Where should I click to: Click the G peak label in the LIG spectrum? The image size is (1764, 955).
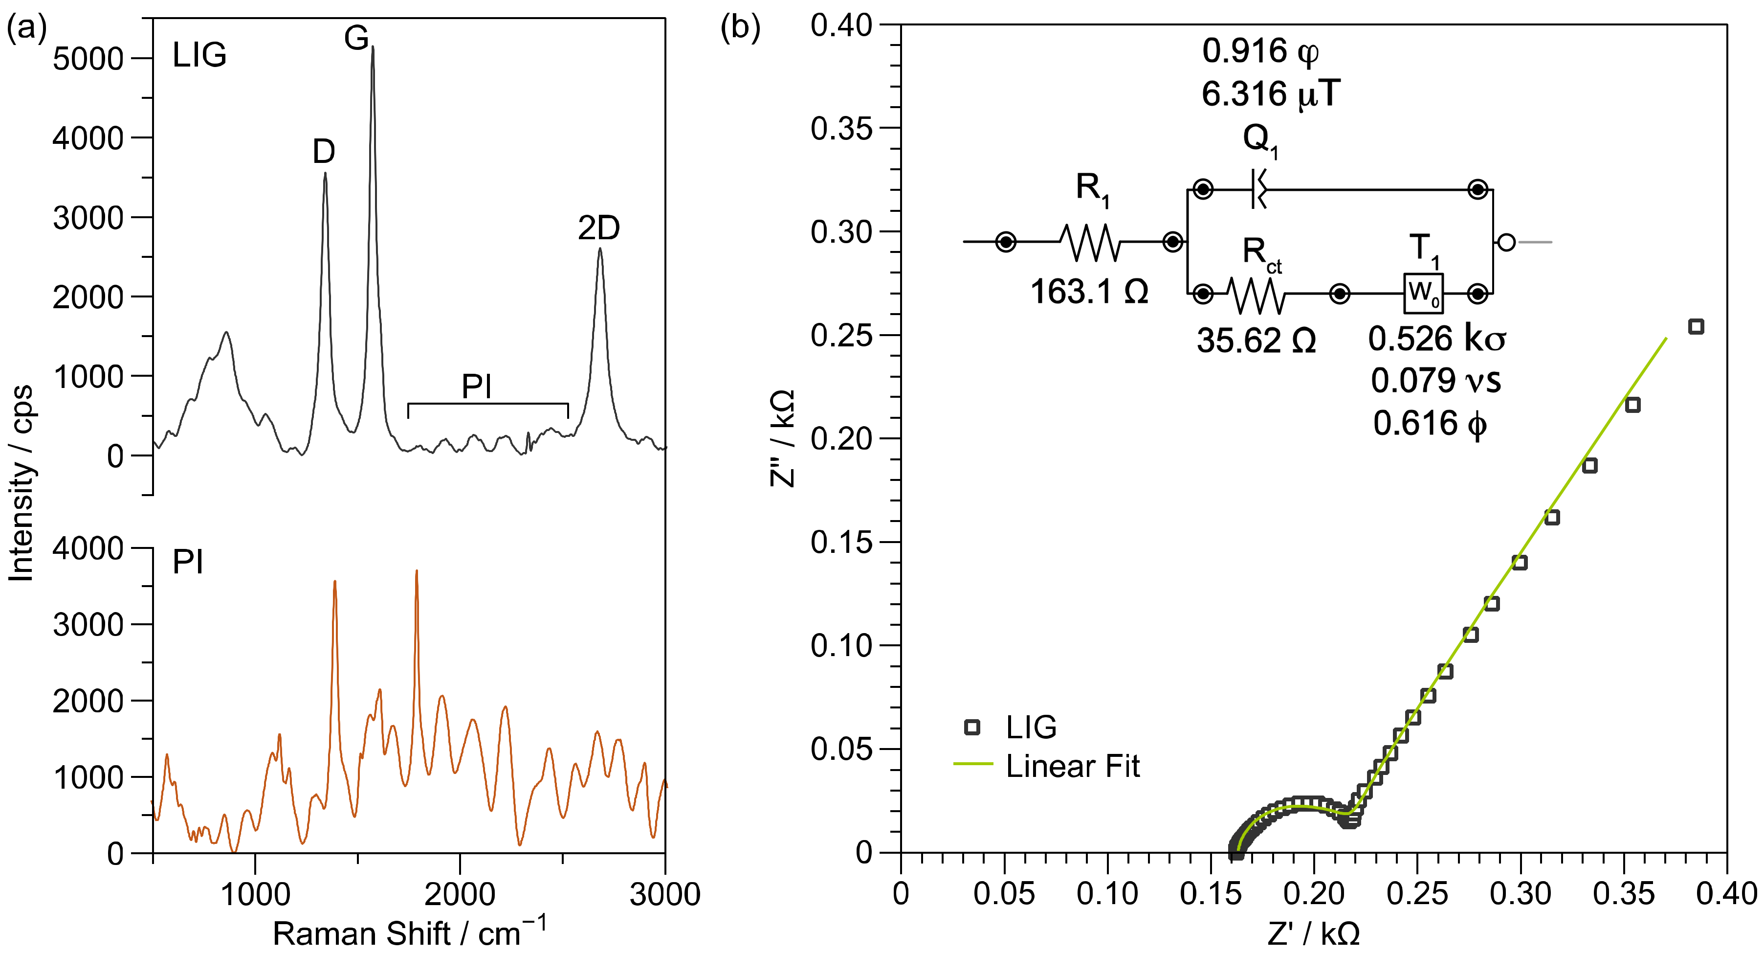pos(356,38)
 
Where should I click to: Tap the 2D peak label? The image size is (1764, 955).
pos(598,228)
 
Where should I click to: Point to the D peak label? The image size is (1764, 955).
pos(323,151)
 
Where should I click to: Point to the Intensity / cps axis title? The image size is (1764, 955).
pos(22,483)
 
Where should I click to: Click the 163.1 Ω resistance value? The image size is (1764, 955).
pos(1089,292)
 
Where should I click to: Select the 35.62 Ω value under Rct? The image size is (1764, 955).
pos(1256,341)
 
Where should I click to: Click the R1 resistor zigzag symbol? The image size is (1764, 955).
pos(1090,242)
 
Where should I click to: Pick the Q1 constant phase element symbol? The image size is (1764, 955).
pos(1258,189)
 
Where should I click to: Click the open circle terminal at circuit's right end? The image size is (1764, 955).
pos(1506,242)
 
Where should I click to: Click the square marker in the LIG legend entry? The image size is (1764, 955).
pos(971,727)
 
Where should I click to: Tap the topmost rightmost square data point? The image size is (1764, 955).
pos(1696,327)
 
